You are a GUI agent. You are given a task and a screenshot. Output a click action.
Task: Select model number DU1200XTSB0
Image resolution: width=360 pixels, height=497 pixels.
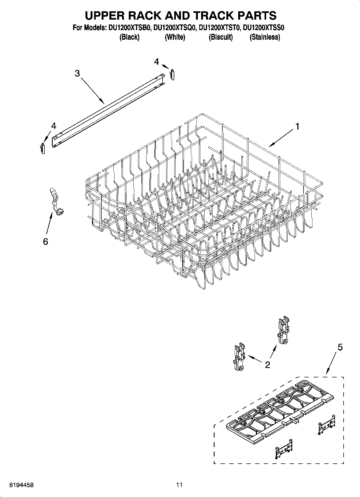pos(129,28)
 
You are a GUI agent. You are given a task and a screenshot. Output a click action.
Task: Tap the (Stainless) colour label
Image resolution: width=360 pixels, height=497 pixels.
pos(265,37)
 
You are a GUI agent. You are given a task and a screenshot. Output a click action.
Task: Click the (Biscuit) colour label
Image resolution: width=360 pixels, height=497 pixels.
pos(220,37)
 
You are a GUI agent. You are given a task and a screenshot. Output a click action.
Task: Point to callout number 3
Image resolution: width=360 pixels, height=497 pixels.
pos(77,73)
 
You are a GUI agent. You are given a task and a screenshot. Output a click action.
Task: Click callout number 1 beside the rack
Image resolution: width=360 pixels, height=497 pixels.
pos(297,126)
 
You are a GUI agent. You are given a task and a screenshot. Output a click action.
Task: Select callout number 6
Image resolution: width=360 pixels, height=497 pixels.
pos(45,241)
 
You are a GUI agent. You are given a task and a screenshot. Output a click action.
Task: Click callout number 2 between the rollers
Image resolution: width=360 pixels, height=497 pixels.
pos(267,365)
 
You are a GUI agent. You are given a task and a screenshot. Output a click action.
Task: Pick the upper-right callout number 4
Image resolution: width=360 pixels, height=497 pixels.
pos(156,62)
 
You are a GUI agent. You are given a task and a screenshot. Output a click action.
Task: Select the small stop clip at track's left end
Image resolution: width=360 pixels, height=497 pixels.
pos(43,148)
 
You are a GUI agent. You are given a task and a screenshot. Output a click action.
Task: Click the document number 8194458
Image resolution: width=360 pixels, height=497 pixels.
pos(22,485)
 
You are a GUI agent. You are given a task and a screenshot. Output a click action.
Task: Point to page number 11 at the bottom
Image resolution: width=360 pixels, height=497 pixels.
pos(179,485)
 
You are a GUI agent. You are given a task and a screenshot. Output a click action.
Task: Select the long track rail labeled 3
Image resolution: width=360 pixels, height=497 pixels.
pos(108,110)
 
